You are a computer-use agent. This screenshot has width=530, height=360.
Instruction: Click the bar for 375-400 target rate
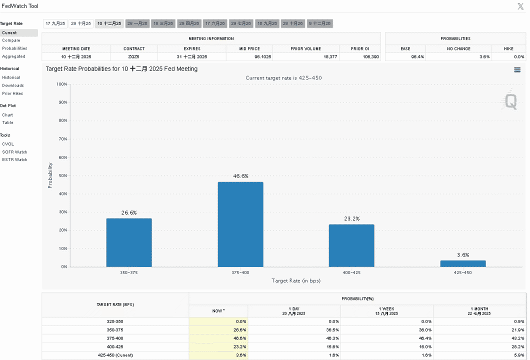coord(240,224)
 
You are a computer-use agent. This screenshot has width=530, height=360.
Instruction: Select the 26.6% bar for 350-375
coord(129,242)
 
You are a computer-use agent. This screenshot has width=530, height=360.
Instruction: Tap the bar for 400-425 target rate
coord(351,245)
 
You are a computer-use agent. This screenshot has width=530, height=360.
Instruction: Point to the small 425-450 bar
coord(462,263)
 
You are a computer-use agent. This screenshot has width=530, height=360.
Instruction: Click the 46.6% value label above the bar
coord(240,176)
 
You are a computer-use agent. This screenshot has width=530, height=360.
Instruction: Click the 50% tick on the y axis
coord(63,176)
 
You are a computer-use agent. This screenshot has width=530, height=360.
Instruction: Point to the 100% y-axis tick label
coord(62,84)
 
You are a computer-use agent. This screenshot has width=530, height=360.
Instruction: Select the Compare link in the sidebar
coord(11,40)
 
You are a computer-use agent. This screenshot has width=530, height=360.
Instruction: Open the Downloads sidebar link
coord(13,85)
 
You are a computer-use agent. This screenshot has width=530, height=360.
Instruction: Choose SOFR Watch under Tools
coord(14,152)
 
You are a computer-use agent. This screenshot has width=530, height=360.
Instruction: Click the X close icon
coord(520,6)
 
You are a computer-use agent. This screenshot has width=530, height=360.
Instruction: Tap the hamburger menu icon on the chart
coord(517,70)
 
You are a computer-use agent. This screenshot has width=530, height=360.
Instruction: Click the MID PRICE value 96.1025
coord(263,57)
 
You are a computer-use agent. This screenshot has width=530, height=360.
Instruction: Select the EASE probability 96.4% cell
coord(417,57)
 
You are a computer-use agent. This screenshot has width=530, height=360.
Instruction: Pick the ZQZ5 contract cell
coord(134,57)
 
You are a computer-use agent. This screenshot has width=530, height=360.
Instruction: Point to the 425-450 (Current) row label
coord(115,355)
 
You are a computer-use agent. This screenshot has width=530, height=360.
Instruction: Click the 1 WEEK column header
coord(386,311)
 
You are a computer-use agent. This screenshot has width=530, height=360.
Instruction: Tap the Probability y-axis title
coord(50,175)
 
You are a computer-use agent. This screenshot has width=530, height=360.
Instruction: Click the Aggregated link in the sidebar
coord(13,56)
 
